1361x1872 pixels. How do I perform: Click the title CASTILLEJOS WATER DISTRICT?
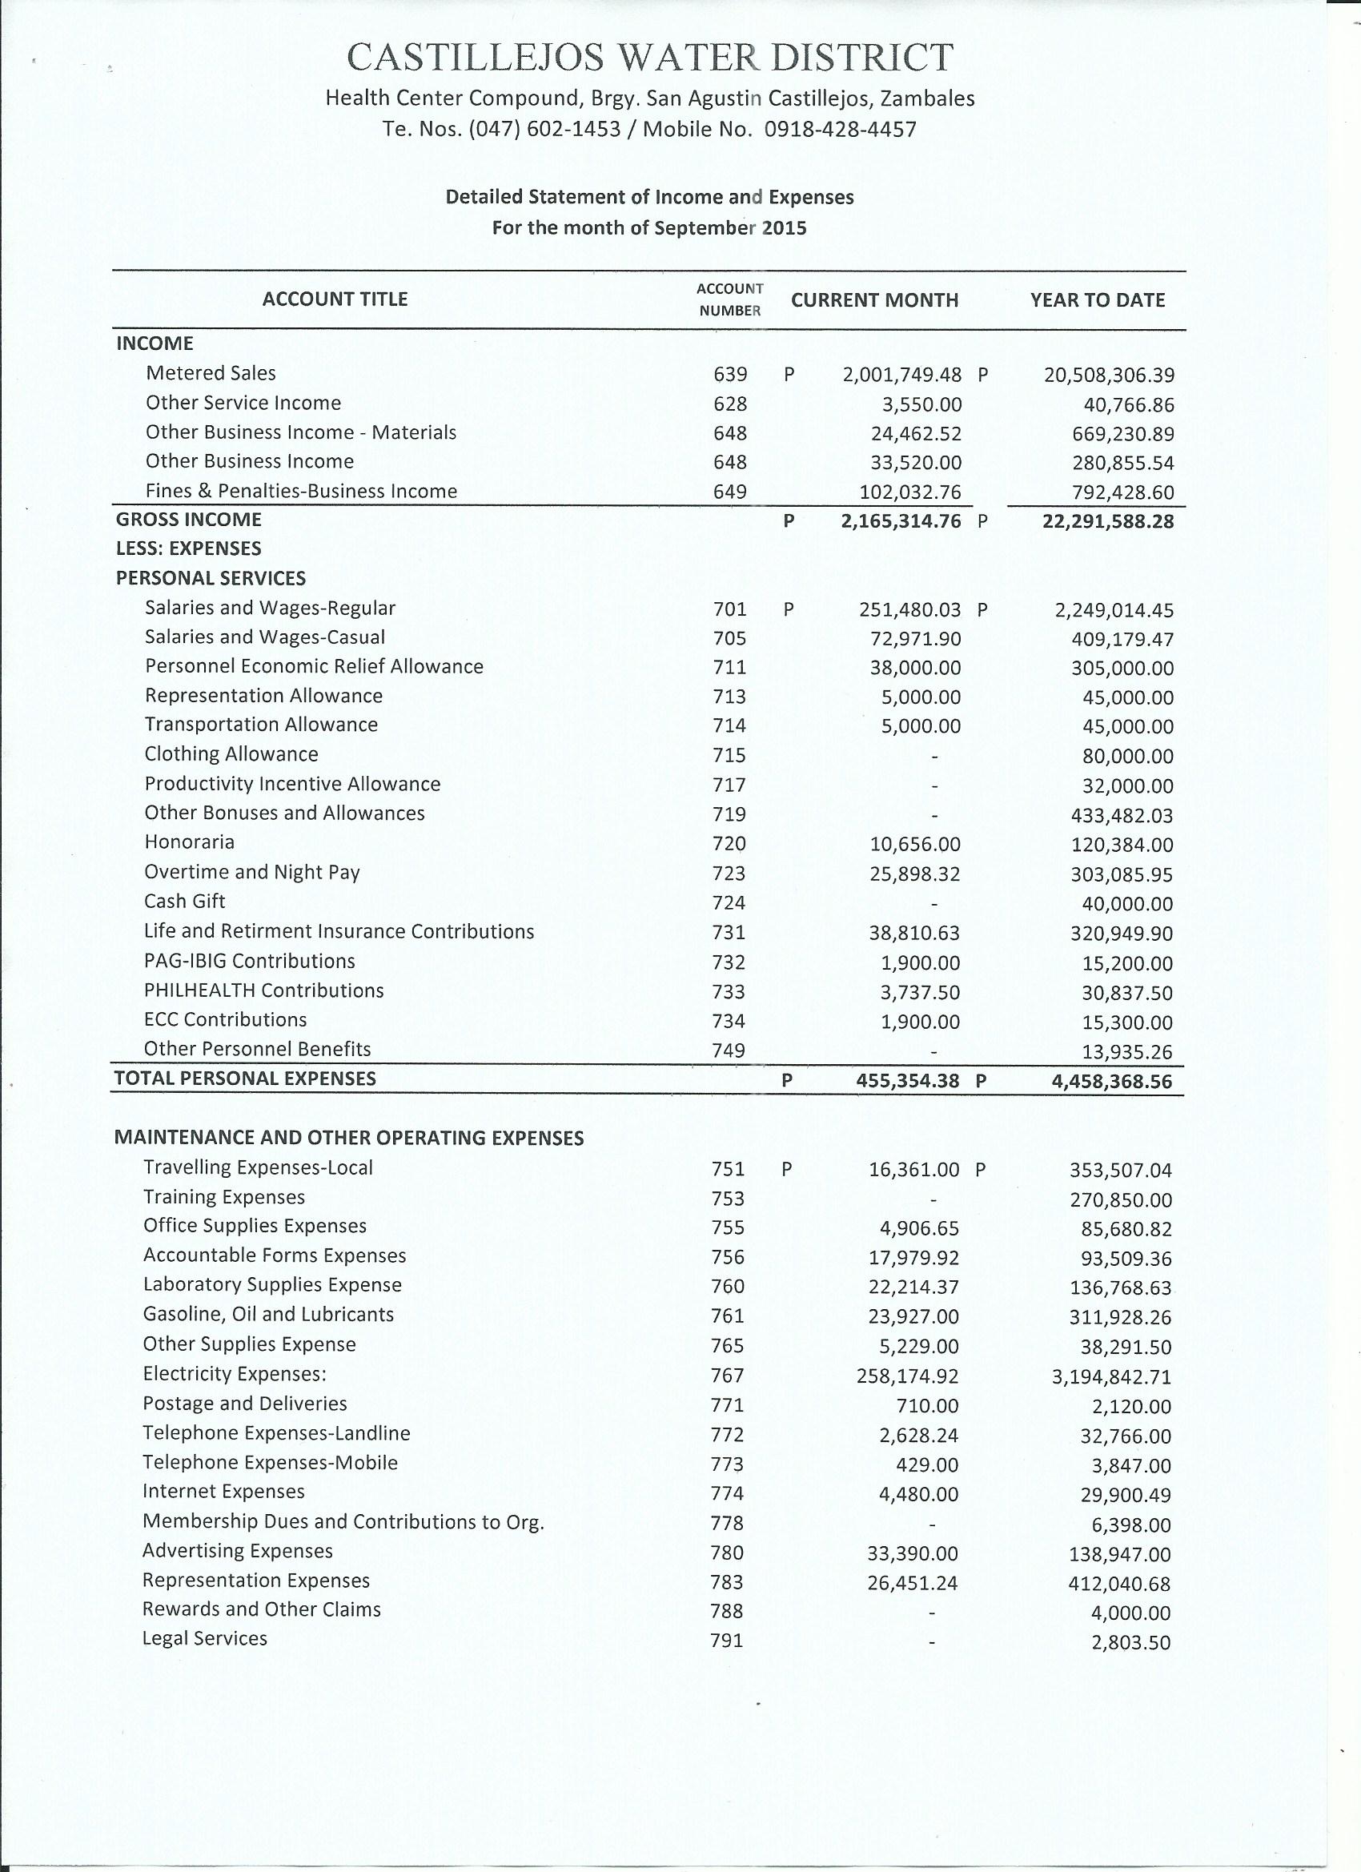(649, 58)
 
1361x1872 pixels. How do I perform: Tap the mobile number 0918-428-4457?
(840, 130)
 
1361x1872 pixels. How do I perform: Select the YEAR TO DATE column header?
(1097, 300)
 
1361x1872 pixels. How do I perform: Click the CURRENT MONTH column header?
(874, 300)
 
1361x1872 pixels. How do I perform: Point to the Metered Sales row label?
(211, 373)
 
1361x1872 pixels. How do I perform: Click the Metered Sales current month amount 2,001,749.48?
(901, 376)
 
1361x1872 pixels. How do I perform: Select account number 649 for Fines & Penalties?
(729, 492)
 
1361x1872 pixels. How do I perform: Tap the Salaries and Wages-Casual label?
(264, 637)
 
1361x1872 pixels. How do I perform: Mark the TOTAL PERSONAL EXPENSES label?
(245, 1079)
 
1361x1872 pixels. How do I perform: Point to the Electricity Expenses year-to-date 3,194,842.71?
(1111, 1376)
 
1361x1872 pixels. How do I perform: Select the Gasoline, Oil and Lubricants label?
(268, 1314)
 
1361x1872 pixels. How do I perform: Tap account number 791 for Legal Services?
(727, 1641)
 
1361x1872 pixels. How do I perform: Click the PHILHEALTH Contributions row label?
(263, 990)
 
